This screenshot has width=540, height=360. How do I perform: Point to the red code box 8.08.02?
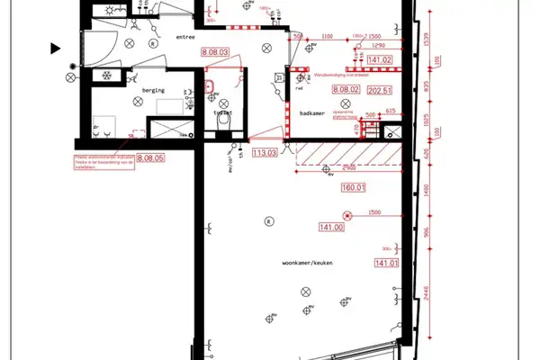[x=346, y=90]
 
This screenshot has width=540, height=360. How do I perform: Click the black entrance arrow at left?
[x=56, y=47]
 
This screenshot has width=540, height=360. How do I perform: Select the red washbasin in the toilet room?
[x=210, y=86]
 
